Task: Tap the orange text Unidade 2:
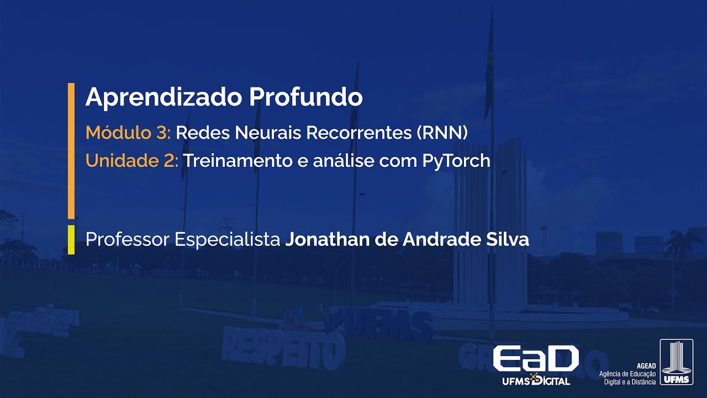tap(131, 161)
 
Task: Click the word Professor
tap(127, 240)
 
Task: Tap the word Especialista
tap(228, 240)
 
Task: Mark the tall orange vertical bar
tap(71, 150)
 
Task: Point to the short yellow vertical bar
tap(71, 240)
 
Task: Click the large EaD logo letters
tap(535, 359)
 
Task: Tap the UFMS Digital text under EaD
tap(536, 381)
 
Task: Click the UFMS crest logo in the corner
tap(676, 362)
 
